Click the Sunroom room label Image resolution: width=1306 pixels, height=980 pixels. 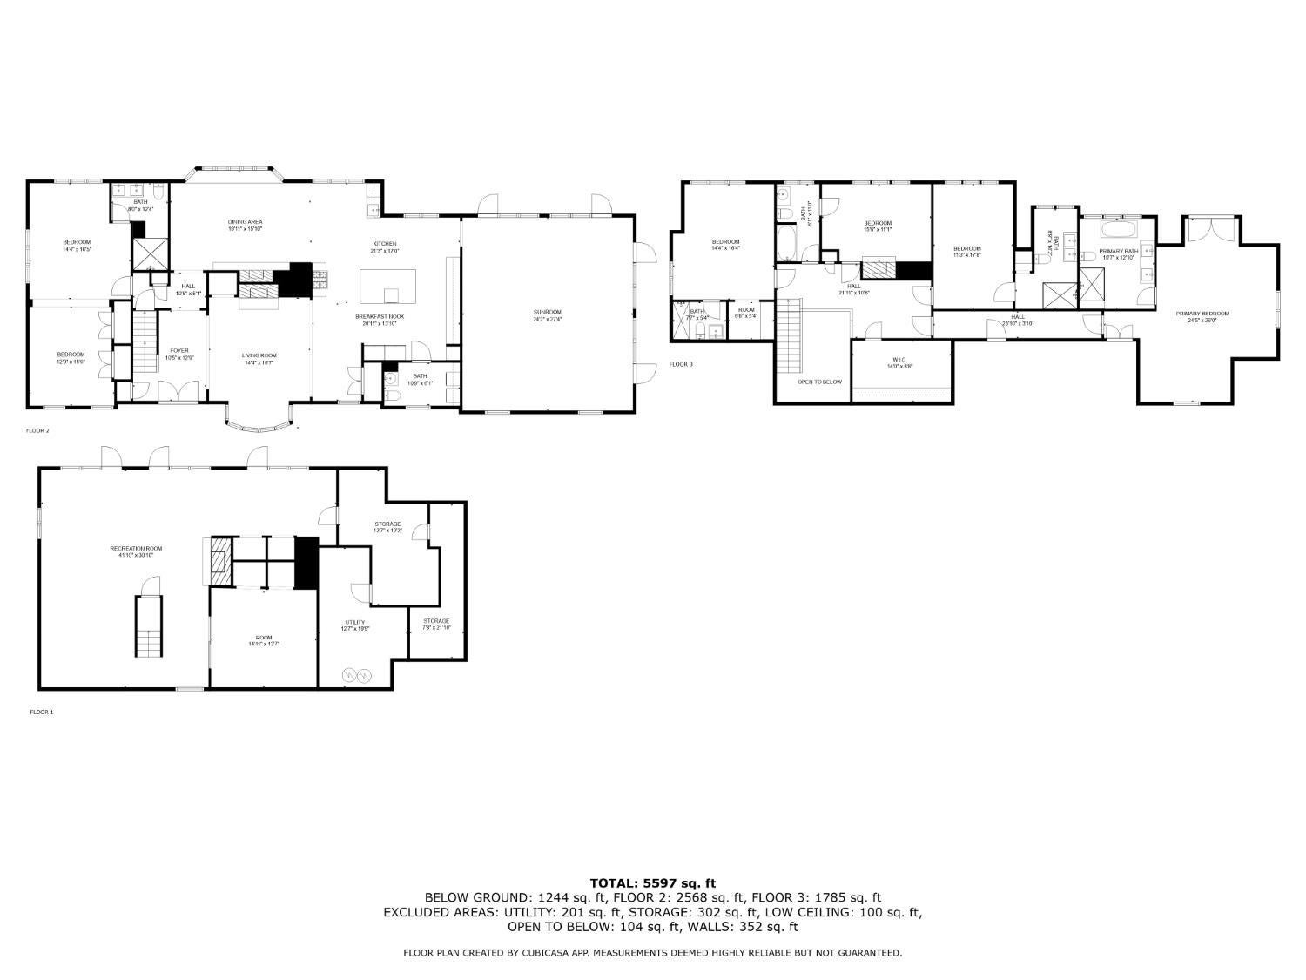point(547,312)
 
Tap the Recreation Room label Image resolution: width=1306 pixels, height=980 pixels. point(136,549)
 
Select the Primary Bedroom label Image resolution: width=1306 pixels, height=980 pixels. point(1202,314)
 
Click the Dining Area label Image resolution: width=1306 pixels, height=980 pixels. point(245,222)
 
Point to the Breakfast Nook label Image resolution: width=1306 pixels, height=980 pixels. point(379,316)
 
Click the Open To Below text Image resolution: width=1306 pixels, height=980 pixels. point(819,382)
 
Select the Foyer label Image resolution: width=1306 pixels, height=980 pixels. point(178,351)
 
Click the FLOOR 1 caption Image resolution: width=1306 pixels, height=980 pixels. point(42,712)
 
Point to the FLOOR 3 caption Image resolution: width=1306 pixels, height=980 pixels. point(681,364)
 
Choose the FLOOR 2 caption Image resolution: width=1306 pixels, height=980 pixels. point(37,430)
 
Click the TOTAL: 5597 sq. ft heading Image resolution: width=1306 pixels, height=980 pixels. point(652,882)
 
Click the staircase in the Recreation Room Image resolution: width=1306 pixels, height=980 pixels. point(148,627)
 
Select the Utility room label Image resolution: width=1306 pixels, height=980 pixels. point(353,622)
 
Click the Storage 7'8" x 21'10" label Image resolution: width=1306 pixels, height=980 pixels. point(436,621)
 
